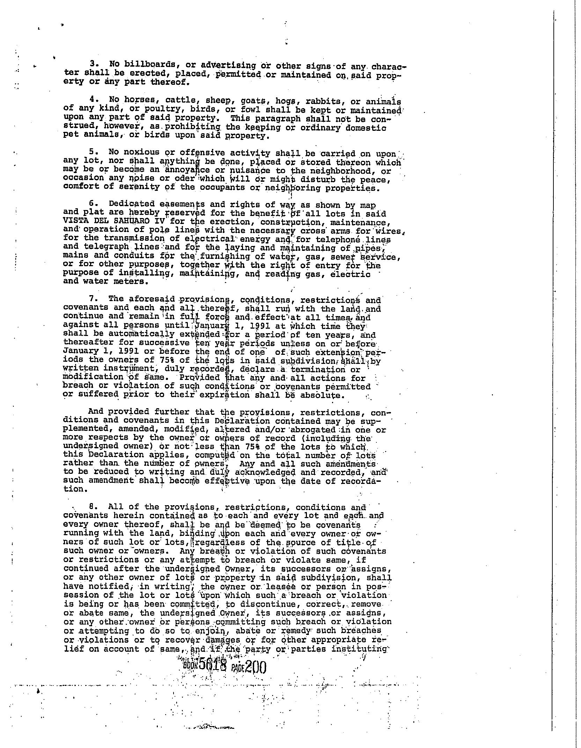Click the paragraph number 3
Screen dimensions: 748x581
coord(93,64)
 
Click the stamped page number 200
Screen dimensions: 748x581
coord(256,667)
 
